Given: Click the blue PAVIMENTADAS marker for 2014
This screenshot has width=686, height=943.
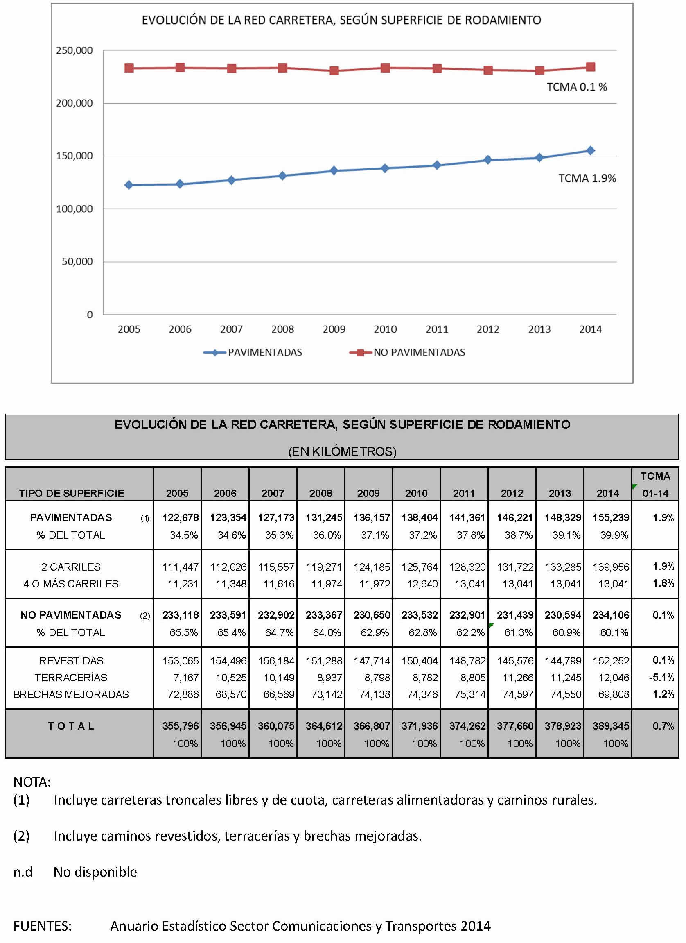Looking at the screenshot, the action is click(x=590, y=150).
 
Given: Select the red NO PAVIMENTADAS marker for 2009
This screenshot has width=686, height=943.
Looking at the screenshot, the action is click(x=334, y=71).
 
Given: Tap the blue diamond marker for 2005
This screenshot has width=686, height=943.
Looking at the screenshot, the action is click(x=129, y=185).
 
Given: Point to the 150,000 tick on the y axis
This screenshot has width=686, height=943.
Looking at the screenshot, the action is click(x=74, y=156).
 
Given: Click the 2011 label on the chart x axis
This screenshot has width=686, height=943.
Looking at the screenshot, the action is click(x=437, y=329).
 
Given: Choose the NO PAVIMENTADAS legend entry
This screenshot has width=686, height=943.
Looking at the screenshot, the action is click(x=407, y=353).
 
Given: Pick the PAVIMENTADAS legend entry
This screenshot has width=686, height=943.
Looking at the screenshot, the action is click(x=253, y=353).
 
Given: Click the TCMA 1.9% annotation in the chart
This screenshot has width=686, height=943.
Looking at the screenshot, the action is click(x=587, y=178).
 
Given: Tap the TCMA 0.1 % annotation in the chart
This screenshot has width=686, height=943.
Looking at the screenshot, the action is click(x=577, y=87).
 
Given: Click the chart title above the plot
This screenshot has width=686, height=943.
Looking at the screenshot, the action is click(x=341, y=20).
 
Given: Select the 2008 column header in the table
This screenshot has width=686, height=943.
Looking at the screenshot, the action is click(x=321, y=493).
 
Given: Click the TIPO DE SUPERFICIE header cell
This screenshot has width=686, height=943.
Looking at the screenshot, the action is click(x=72, y=493).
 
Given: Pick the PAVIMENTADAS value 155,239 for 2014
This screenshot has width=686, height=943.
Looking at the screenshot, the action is click(x=611, y=517).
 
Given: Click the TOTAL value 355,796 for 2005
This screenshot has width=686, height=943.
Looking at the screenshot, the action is click(x=181, y=726).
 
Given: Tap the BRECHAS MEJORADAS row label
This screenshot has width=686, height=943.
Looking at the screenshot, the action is click(x=71, y=694).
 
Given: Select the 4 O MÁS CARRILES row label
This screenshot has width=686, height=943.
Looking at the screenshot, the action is click(x=71, y=584).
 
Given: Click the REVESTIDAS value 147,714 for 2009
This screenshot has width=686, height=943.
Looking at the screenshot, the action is click(x=372, y=661).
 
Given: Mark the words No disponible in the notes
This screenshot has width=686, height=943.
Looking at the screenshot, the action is click(x=95, y=872).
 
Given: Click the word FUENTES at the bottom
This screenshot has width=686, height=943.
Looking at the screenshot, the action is click(x=43, y=926).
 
